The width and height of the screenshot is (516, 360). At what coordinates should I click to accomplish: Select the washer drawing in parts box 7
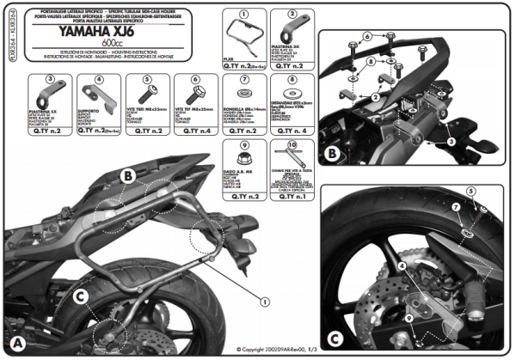[241, 93]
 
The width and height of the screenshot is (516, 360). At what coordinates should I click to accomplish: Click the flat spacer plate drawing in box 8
[292, 92]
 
